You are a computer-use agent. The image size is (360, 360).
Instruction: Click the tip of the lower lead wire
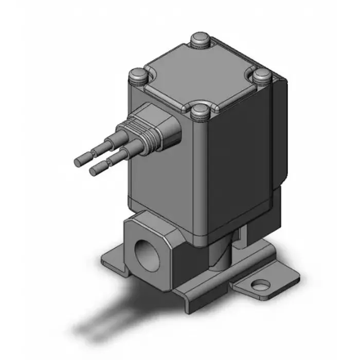point(94,169)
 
